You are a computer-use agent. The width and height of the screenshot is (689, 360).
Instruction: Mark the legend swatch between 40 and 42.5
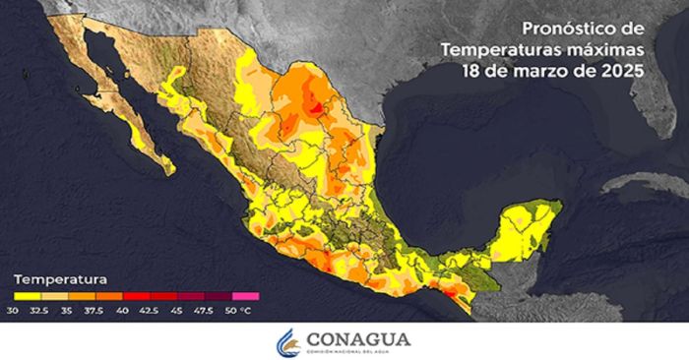136,294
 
